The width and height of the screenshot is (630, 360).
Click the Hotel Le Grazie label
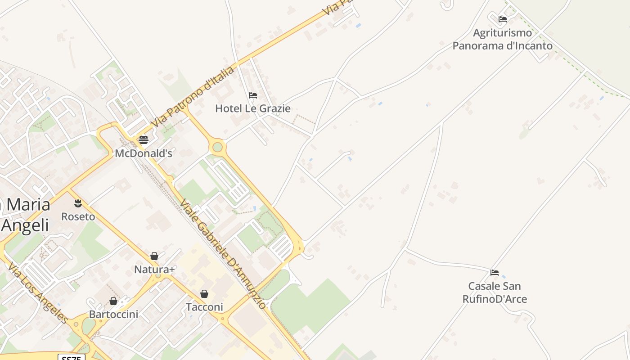(252, 108)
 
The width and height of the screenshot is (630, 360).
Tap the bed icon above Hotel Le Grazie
(253, 95)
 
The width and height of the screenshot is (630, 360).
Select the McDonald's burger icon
(144, 139)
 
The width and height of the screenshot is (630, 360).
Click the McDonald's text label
(144, 153)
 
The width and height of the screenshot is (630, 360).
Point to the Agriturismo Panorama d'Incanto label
(502, 39)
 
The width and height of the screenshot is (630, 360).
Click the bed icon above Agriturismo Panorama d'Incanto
(503, 19)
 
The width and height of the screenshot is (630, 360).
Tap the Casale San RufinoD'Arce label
(495, 292)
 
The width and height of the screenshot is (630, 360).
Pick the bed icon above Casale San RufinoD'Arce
(495, 273)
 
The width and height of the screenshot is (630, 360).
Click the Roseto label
(78, 216)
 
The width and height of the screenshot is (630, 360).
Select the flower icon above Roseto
(78, 203)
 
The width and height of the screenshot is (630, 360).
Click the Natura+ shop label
(154, 270)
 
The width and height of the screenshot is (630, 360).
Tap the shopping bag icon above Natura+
(154, 256)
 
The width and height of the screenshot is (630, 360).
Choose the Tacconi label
(204, 307)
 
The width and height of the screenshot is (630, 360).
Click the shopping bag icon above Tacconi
(204, 294)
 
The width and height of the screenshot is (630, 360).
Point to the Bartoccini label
(113, 314)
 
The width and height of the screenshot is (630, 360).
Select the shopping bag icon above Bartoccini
(113, 301)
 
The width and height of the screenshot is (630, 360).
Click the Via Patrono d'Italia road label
(193, 97)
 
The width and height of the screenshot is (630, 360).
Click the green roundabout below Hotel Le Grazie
(218, 147)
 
